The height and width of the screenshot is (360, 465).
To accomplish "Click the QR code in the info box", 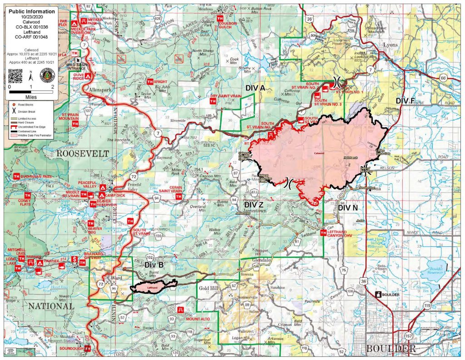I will (x=16, y=74).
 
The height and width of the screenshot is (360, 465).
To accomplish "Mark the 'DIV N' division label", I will (x=348, y=208).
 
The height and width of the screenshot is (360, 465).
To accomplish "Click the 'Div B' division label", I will (x=154, y=264).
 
